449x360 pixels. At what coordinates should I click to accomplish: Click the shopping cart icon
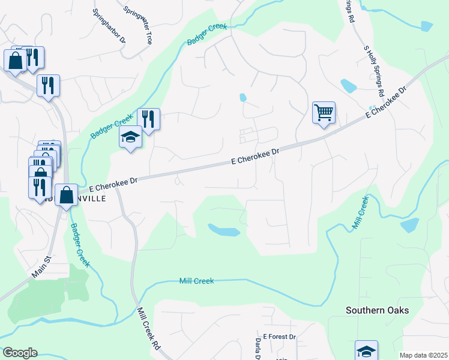coord(324,112)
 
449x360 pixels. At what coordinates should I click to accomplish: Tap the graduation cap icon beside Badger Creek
coord(130,137)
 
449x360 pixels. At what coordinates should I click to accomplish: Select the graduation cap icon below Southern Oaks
coord(366,351)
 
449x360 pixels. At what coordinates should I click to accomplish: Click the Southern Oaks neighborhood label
coord(377,310)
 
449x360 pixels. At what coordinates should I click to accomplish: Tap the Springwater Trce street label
coord(138,25)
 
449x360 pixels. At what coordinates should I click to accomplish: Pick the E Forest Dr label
coord(280,337)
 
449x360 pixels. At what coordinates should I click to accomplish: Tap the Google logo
coord(20,353)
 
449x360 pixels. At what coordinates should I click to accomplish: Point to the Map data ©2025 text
coord(423,355)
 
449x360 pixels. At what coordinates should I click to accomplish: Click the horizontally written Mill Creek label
coord(197,281)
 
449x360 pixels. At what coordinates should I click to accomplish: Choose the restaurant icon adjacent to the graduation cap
coord(148,119)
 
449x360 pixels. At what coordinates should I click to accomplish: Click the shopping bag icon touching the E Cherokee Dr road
coord(66,194)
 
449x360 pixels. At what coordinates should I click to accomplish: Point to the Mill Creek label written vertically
coord(360,212)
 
